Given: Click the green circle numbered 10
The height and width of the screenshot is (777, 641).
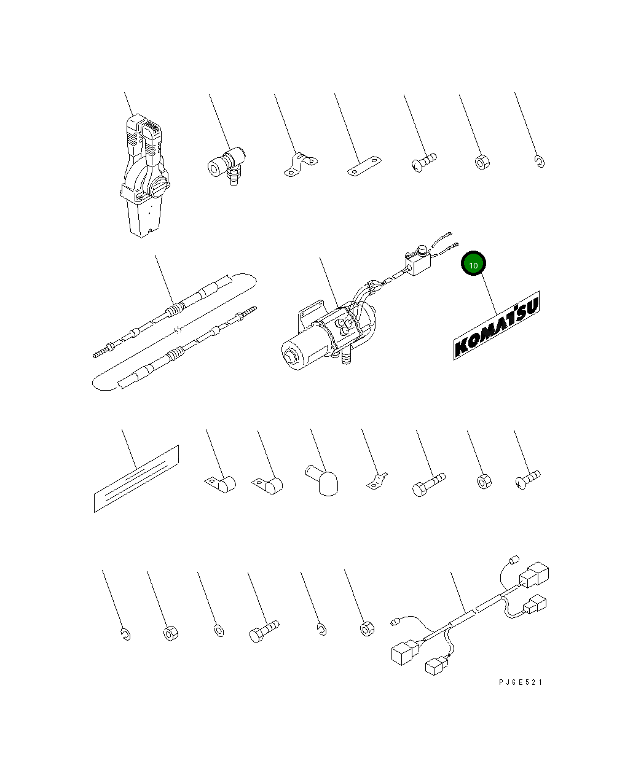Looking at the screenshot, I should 473,264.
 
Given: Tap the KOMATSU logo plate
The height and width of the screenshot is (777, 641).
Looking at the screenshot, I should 497,326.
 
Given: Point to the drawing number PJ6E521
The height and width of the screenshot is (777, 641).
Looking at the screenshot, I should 521,682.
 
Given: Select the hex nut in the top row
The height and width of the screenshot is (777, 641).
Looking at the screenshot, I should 482,163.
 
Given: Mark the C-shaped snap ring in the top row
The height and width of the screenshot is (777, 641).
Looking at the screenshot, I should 539,162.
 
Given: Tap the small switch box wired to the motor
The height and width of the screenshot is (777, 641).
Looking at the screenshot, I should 418,264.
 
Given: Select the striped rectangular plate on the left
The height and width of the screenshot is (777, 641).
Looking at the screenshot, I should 136,478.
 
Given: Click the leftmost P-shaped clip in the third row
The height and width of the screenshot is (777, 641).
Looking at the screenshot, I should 221,485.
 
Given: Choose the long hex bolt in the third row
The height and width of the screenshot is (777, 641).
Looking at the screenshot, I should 428,484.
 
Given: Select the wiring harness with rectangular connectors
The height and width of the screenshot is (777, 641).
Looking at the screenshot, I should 467,620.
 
